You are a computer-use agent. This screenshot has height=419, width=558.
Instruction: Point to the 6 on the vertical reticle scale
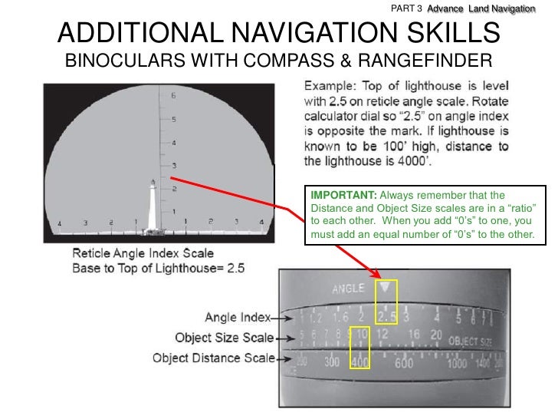[173, 96]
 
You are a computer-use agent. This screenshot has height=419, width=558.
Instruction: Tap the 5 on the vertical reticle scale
[173, 119]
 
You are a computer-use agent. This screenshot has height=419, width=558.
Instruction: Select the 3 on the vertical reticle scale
[173, 165]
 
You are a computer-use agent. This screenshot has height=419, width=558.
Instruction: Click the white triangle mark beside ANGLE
[385, 288]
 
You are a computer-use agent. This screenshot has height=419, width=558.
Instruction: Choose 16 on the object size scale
[414, 335]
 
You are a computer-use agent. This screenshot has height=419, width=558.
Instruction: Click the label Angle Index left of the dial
[233, 316]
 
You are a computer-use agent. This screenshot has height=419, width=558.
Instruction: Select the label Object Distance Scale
[212, 358]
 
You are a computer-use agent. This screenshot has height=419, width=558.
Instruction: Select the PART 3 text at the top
[406, 8]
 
